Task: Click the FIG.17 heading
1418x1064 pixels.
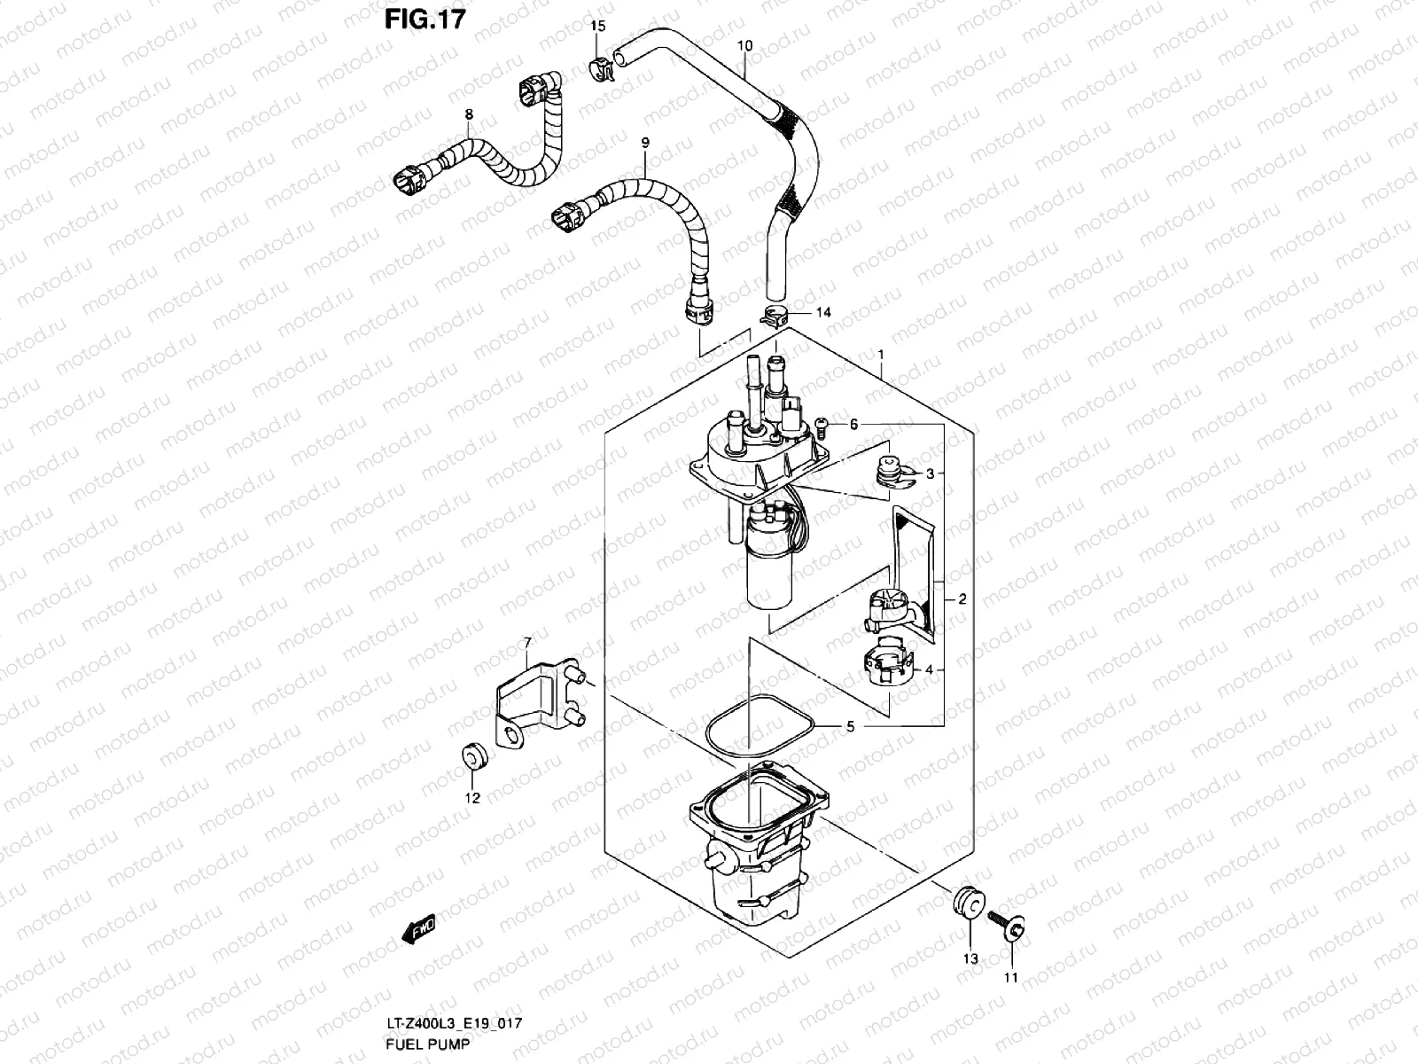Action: tap(425, 19)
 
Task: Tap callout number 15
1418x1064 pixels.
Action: tap(598, 27)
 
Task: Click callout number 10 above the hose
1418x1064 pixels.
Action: tap(744, 44)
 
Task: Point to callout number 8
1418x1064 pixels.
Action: tap(469, 115)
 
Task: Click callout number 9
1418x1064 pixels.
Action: tap(645, 142)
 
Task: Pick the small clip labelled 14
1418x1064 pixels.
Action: tap(774, 314)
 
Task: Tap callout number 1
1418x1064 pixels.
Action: tap(882, 355)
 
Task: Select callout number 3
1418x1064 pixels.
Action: tap(931, 473)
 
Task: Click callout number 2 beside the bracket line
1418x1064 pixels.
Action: tap(962, 599)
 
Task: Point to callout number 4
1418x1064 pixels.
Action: tap(929, 670)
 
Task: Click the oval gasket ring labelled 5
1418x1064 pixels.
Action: tap(760, 727)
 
